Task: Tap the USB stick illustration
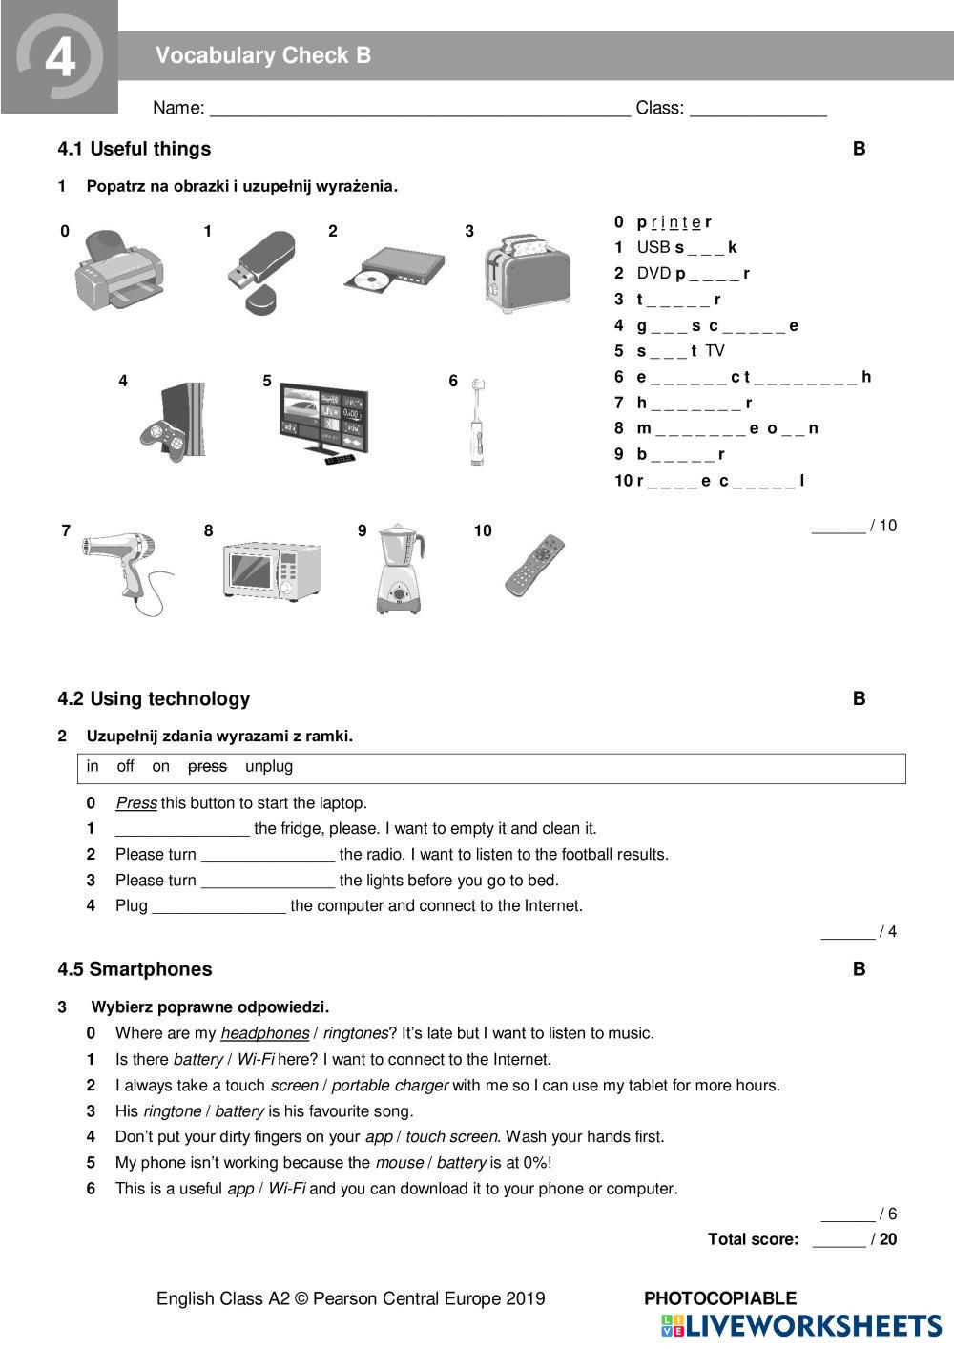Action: click(260, 270)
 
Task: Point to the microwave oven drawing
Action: click(271, 571)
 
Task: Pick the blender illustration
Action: click(400, 569)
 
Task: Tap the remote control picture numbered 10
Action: click(535, 565)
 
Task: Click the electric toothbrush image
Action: click(477, 422)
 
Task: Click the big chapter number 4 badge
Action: click(59, 57)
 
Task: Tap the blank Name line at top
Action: click(420, 107)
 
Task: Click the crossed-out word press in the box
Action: click(207, 766)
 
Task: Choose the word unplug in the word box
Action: click(269, 766)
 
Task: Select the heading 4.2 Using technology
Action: click(154, 698)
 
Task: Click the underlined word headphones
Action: click(264, 1033)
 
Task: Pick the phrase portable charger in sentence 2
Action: click(389, 1085)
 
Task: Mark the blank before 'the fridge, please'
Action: click(182, 829)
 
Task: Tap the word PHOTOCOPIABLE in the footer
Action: click(720, 1297)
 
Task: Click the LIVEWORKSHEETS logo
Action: click(801, 1325)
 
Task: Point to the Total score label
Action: click(753, 1239)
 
